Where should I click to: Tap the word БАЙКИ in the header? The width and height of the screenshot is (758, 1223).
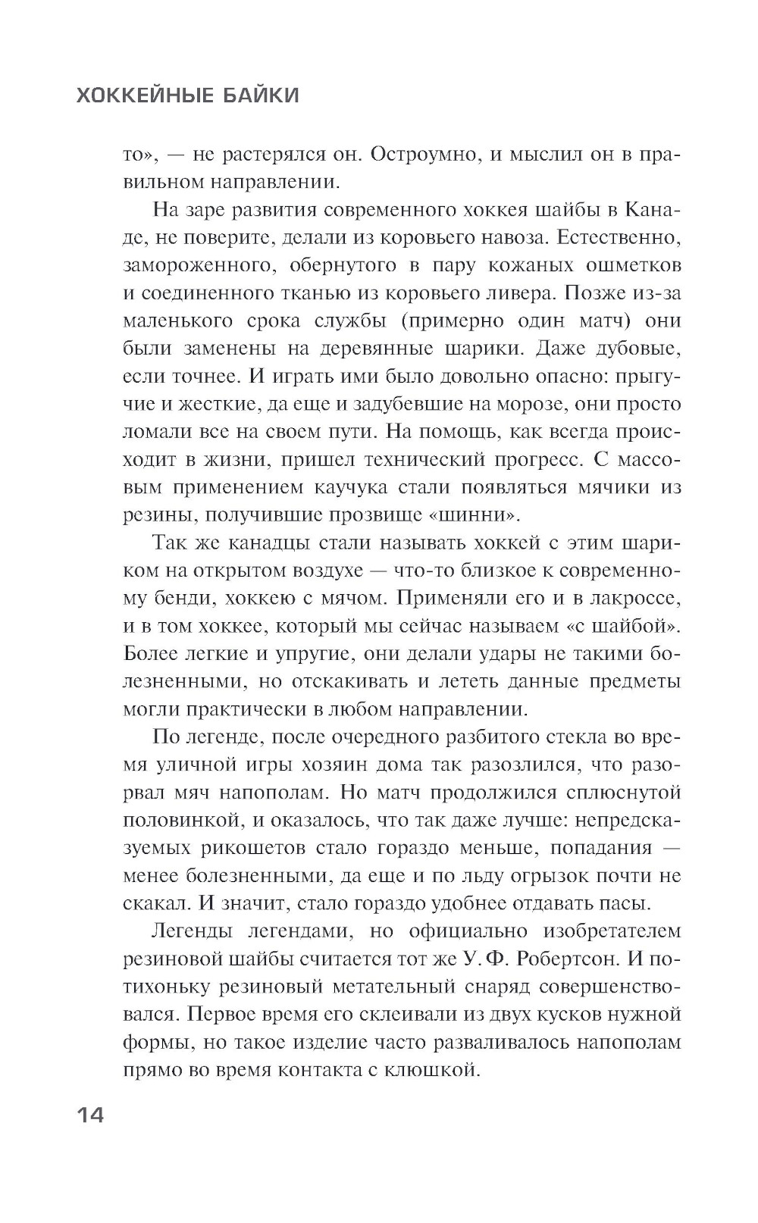(262, 95)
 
